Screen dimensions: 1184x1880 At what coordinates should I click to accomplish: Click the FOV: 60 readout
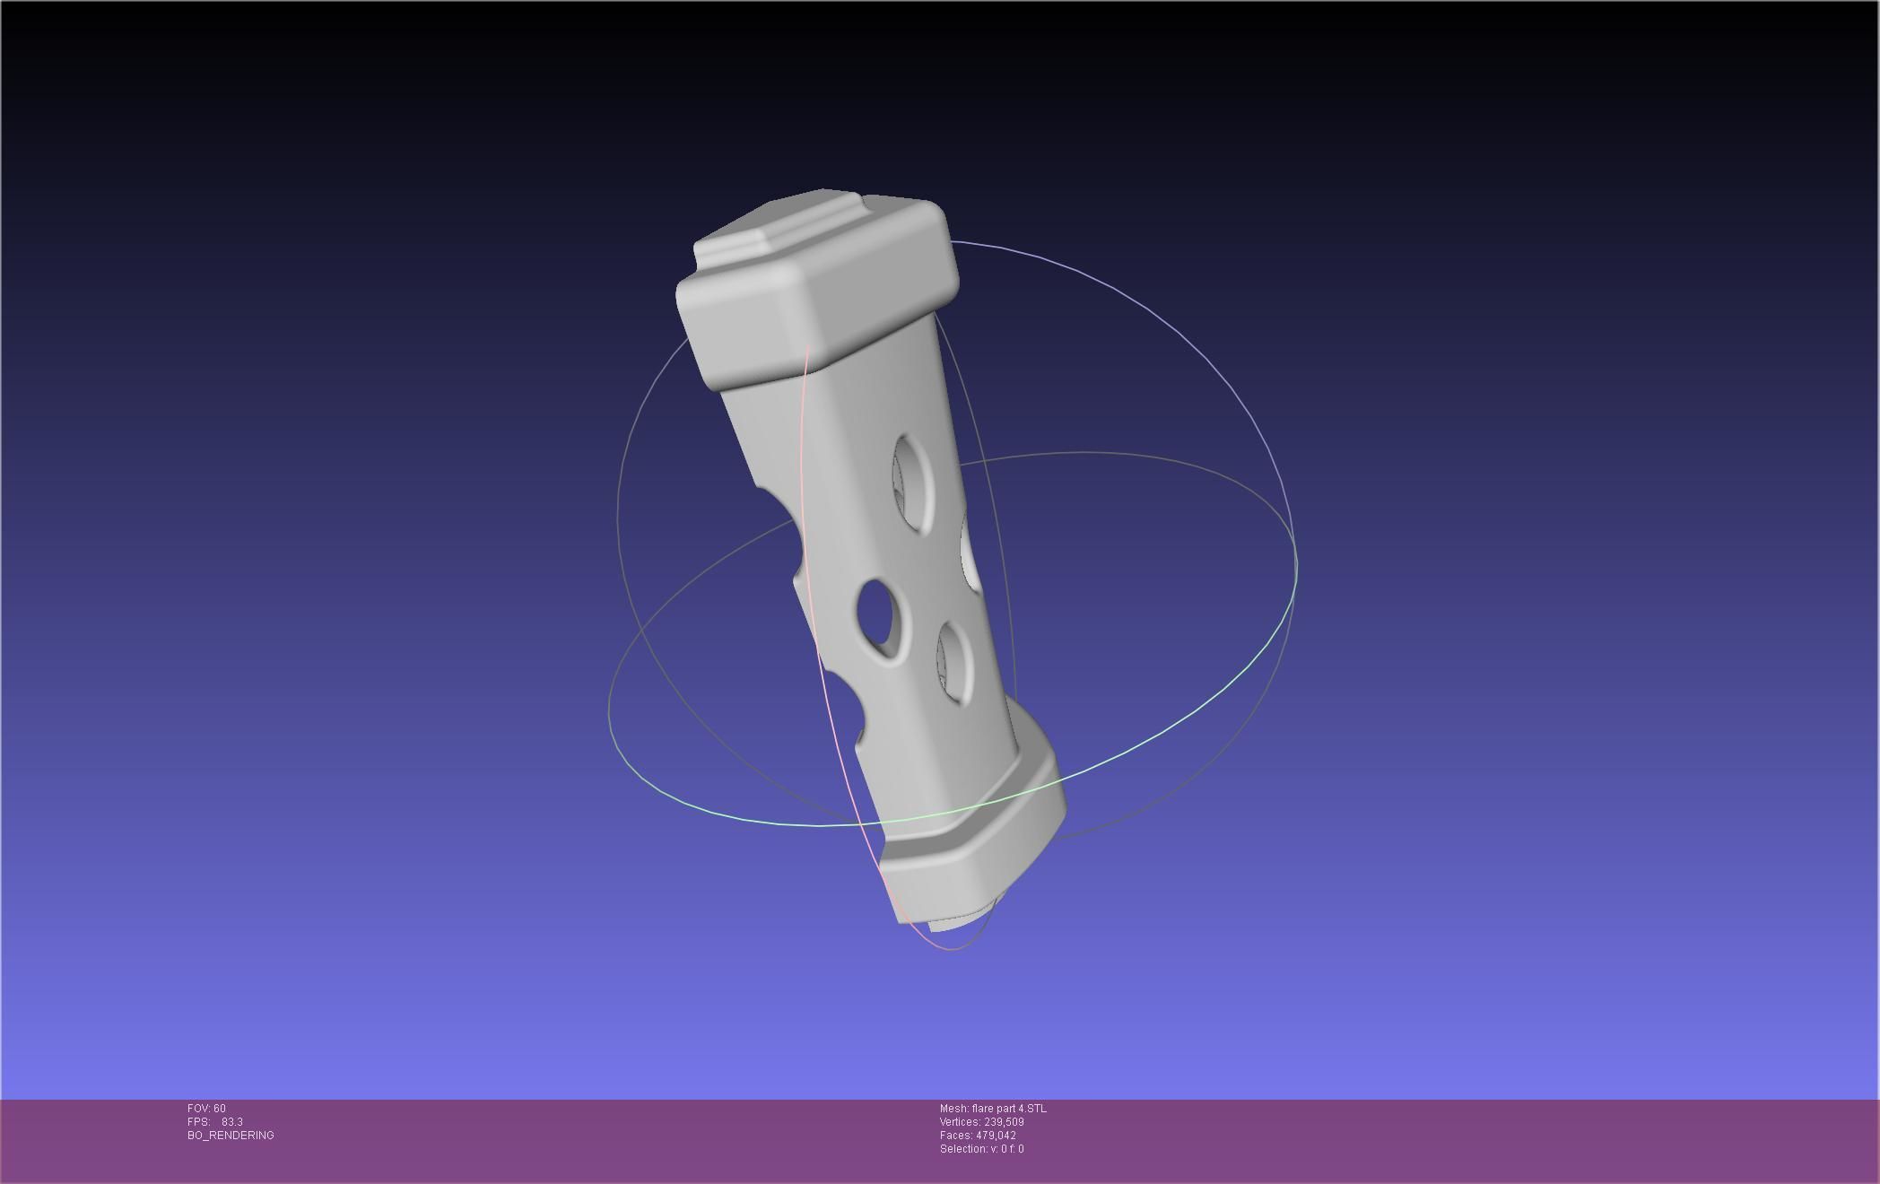(206, 1109)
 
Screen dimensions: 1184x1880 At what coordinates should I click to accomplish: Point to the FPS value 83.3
(232, 1122)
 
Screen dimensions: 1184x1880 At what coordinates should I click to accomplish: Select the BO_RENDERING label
(231, 1136)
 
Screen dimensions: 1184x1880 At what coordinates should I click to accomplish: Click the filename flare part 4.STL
(1009, 1109)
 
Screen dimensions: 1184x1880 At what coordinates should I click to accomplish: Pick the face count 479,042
(996, 1136)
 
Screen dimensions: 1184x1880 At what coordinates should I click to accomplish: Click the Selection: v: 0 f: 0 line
(981, 1149)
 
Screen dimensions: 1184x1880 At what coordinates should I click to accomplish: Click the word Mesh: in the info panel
(954, 1109)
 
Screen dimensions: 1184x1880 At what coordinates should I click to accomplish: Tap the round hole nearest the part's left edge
(880, 617)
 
